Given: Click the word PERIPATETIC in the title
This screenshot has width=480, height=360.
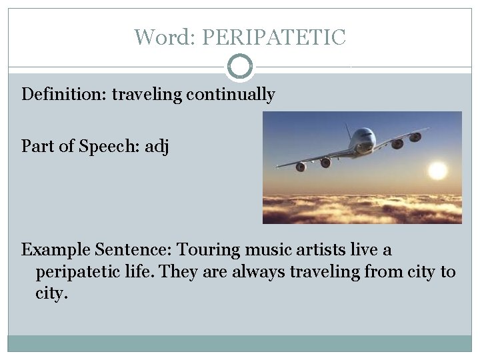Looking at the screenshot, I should (x=273, y=37).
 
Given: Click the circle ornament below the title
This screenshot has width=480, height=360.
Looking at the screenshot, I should (x=240, y=67).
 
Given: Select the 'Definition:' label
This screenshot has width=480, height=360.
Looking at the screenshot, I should (x=64, y=95).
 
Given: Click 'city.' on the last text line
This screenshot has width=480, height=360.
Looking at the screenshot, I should (x=52, y=293).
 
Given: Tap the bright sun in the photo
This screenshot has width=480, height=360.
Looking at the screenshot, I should (x=437, y=171).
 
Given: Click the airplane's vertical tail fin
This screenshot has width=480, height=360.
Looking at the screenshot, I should (x=348, y=130).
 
